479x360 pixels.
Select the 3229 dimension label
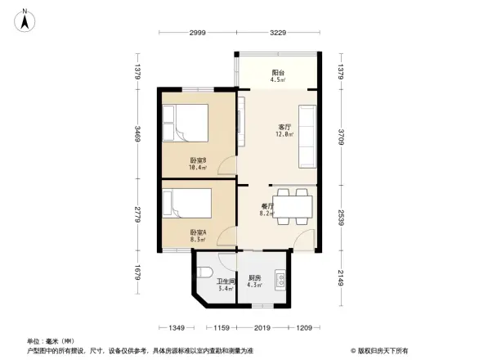pos(277,32)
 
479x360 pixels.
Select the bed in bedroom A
pos(187,201)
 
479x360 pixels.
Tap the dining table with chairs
pos(291,204)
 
